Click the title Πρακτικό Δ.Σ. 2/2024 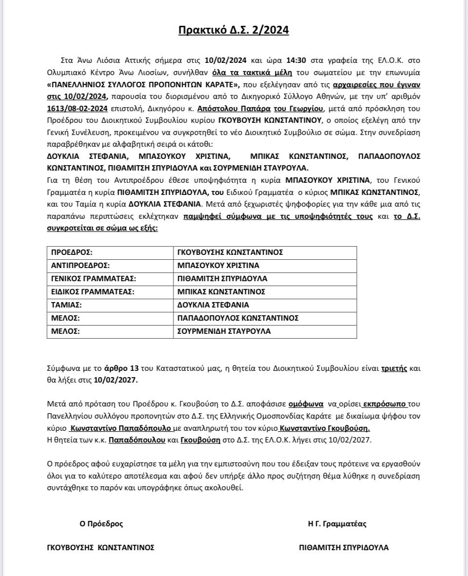[x=234, y=30]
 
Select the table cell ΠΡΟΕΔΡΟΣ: [x=72, y=252]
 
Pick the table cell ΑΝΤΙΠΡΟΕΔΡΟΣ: [x=80, y=266]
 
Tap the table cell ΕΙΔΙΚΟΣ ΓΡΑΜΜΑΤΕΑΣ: [x=92, y=292]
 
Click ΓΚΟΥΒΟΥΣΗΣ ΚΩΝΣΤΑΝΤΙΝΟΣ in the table [x=231, y=252]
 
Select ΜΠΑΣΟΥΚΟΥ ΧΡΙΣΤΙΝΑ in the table [x=218, y=266]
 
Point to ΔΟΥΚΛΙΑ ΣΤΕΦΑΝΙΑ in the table [x=214, y=305]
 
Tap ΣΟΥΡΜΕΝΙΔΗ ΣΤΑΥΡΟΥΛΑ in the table [x=224, y=331]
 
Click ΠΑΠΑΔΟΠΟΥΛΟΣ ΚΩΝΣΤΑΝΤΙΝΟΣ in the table [x=238, y=318]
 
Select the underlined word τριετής [x=394, y=369]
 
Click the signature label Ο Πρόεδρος [x=101, y=524]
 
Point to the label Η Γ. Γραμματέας [x=337, y=524]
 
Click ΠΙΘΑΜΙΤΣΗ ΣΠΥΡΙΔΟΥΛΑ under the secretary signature [x=344, y=547]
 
